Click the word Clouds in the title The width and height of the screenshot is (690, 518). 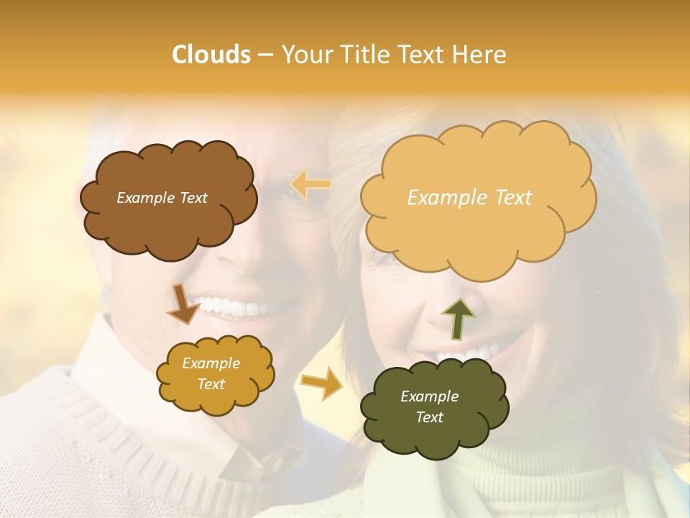click(x=211, y=55)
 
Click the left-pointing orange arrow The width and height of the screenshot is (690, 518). click(x=310, y=185)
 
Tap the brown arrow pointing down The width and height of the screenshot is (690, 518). click(x=183, y=304)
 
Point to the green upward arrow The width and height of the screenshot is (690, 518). click(x=457, y=317)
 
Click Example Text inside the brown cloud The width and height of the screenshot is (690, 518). click(x=162, y=198)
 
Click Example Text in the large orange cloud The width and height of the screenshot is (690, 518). click(x=469, y=198)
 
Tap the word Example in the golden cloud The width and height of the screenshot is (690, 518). click(x=211, y=363)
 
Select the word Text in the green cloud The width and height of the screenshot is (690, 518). click(x=430, y=417)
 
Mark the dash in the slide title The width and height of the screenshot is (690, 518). click(x=265, y=55)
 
